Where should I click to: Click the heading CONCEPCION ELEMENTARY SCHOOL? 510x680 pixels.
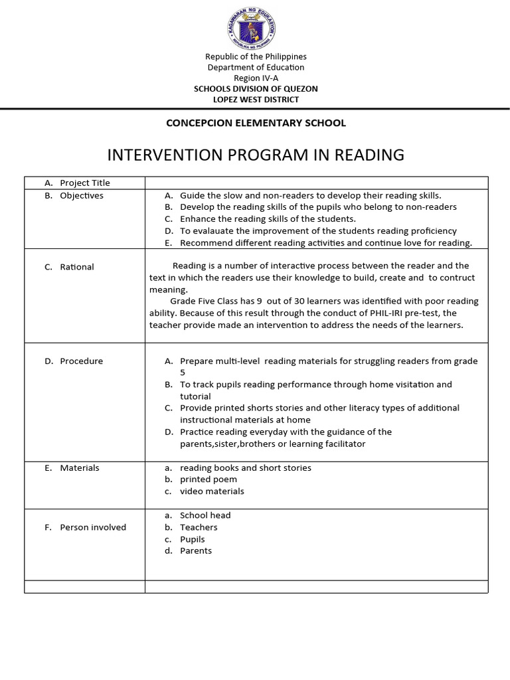(x=255, y=123)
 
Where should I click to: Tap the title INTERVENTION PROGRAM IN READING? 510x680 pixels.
(x=255, y=155)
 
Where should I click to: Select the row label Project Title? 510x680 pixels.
(x=84, y=183)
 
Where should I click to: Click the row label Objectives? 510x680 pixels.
(x=81, y=195)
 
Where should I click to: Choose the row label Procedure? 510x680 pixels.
(x=81, y=361)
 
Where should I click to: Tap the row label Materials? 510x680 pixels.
(x=79, y=467)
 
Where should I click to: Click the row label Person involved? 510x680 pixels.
(x=92, y=527)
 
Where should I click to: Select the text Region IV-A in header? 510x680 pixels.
(x=255, y=78)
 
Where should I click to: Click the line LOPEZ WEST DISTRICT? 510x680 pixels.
(x=255, y=100)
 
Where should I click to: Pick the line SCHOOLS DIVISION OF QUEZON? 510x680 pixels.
(x=255, y=89)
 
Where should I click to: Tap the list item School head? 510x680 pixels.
(x=205, y=515)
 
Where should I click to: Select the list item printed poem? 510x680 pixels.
(x=209, y=479)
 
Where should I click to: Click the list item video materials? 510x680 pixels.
(x=212, y=491)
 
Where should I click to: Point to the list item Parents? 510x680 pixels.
(x=196, y=551)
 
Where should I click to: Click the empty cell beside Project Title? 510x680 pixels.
(x=316, y=183)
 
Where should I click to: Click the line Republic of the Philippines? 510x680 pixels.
(x=255, y=56)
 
